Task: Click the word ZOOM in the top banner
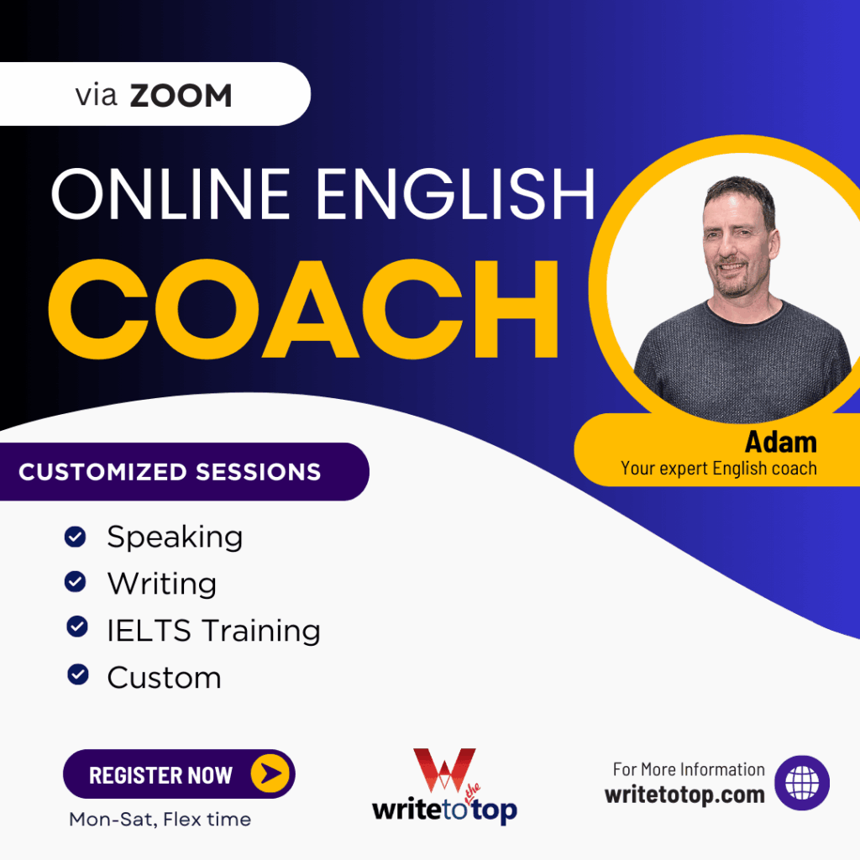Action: coord(181,96)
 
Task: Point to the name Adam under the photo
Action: coord(780,441)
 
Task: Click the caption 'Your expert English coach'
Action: coord(718,469)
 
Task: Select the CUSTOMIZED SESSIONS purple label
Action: coord(170,471)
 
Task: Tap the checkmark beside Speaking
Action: coord(76,536)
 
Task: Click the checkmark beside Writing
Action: coord(76,581)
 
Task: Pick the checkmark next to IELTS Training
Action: coord(77,627)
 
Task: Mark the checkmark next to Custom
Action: coord(78,674)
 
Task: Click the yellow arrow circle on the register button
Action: coord(271,774)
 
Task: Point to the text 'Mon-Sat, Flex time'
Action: coord(160,819)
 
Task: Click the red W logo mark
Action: coord(443,771)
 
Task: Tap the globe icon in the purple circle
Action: coord(801,783)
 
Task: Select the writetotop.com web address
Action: coord(684,794)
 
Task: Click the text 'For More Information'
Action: coord(689,769)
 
